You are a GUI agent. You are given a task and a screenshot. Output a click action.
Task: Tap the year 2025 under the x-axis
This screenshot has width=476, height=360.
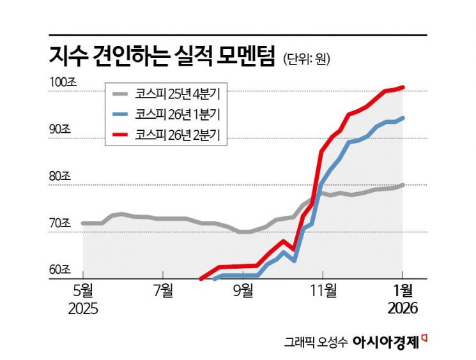pyautogui.click(x=83, y=309)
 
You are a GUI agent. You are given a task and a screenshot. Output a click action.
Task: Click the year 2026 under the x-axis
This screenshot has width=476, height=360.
pyautogui.click(x=402, y=309)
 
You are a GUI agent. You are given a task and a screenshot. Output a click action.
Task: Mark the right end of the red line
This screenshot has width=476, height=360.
pyautogui.click(x=403, y=87)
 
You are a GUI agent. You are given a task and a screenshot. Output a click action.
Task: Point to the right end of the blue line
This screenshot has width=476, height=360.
pyautogui.click(x=403, y=117)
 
